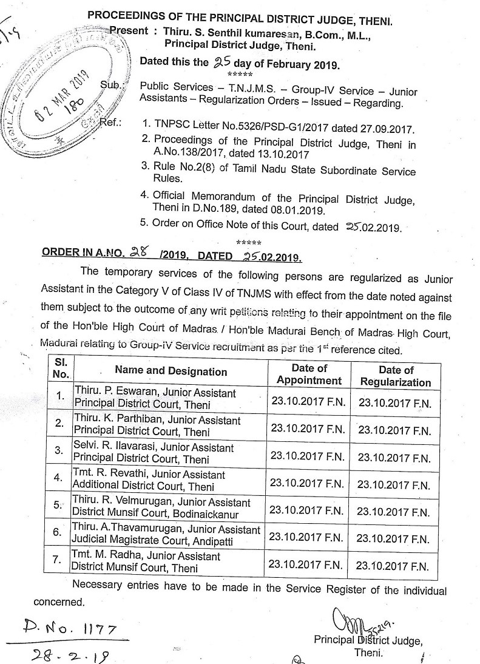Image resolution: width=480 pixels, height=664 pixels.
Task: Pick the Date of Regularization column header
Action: (x=396, y=376)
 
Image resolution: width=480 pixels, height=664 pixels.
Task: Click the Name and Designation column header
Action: (x=171, y=371)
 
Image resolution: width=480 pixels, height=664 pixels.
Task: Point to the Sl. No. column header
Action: (x=60, y=369)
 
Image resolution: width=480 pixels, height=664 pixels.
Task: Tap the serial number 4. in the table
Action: (x=59, y=478)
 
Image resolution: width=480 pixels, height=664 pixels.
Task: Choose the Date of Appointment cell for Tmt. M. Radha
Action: (x=306, y=564)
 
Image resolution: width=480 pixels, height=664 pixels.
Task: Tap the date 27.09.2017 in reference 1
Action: (x=390, y=129)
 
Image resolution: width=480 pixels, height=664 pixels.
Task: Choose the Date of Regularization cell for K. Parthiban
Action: (x=394, y=430)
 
